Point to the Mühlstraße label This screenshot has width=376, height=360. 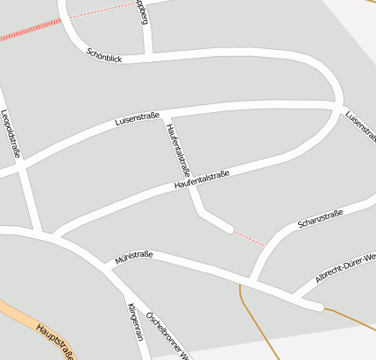[x=134, y=258]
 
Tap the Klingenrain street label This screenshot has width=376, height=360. [x=135, y=321]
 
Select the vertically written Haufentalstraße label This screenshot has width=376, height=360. [x=178, y=147]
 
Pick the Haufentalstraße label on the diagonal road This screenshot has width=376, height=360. [x=202, y=180]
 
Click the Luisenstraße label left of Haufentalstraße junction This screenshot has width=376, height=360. [x=137, y=117]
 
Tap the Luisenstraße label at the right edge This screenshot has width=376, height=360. [x=360, y=125]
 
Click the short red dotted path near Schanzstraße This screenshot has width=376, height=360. [x=249, y=238]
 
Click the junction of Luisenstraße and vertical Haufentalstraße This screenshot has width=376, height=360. [x=165, y=113]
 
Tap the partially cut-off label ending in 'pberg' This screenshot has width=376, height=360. [x=142, y=12]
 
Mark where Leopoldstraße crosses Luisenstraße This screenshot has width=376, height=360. [x=19, y=168]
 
